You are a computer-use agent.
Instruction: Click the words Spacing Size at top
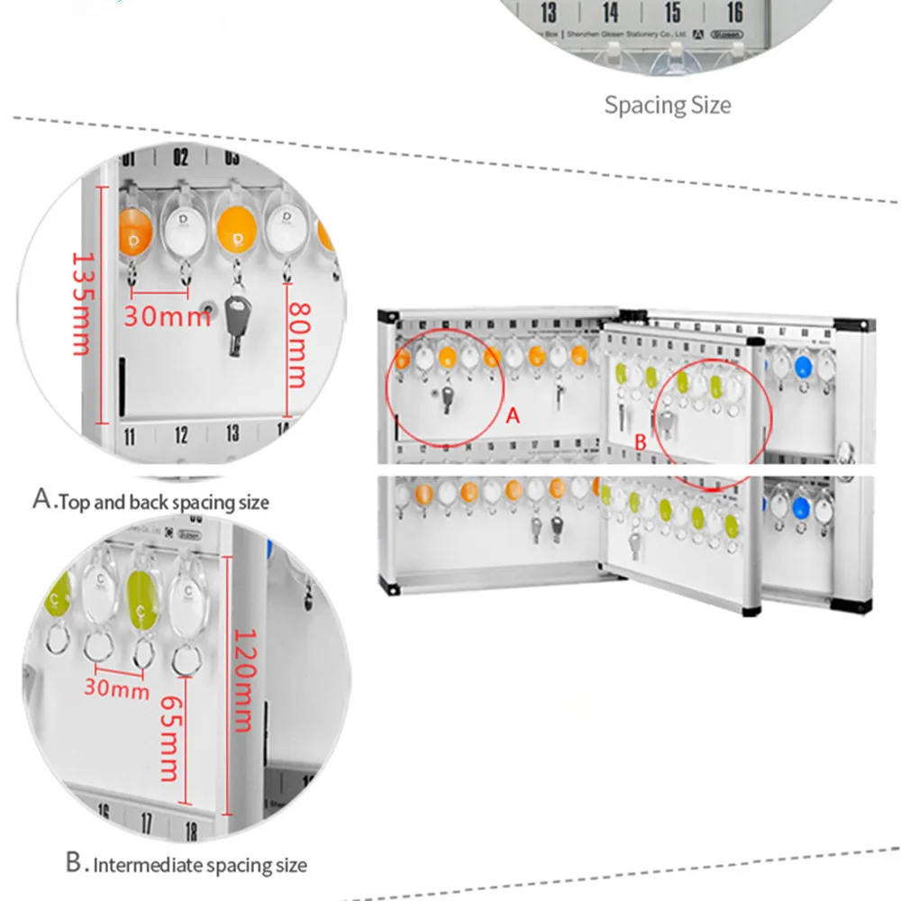click(x=668, y=105)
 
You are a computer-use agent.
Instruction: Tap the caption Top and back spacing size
click(x=150, y=501)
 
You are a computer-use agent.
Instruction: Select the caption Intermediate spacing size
click(x=187, y=865)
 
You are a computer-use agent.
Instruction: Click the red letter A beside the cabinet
click(x=514, y=415)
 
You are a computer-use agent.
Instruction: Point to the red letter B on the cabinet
click(x=641, y=442)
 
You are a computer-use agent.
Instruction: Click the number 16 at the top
click(x=734, y=12)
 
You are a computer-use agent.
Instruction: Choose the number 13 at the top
click(x=549, y=12)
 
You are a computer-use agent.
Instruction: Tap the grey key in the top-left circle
click(x=237, y=320)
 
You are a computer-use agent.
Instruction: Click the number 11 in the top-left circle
click(x=130, y=437)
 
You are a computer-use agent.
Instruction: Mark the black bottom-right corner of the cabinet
click(x=749, y=610)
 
